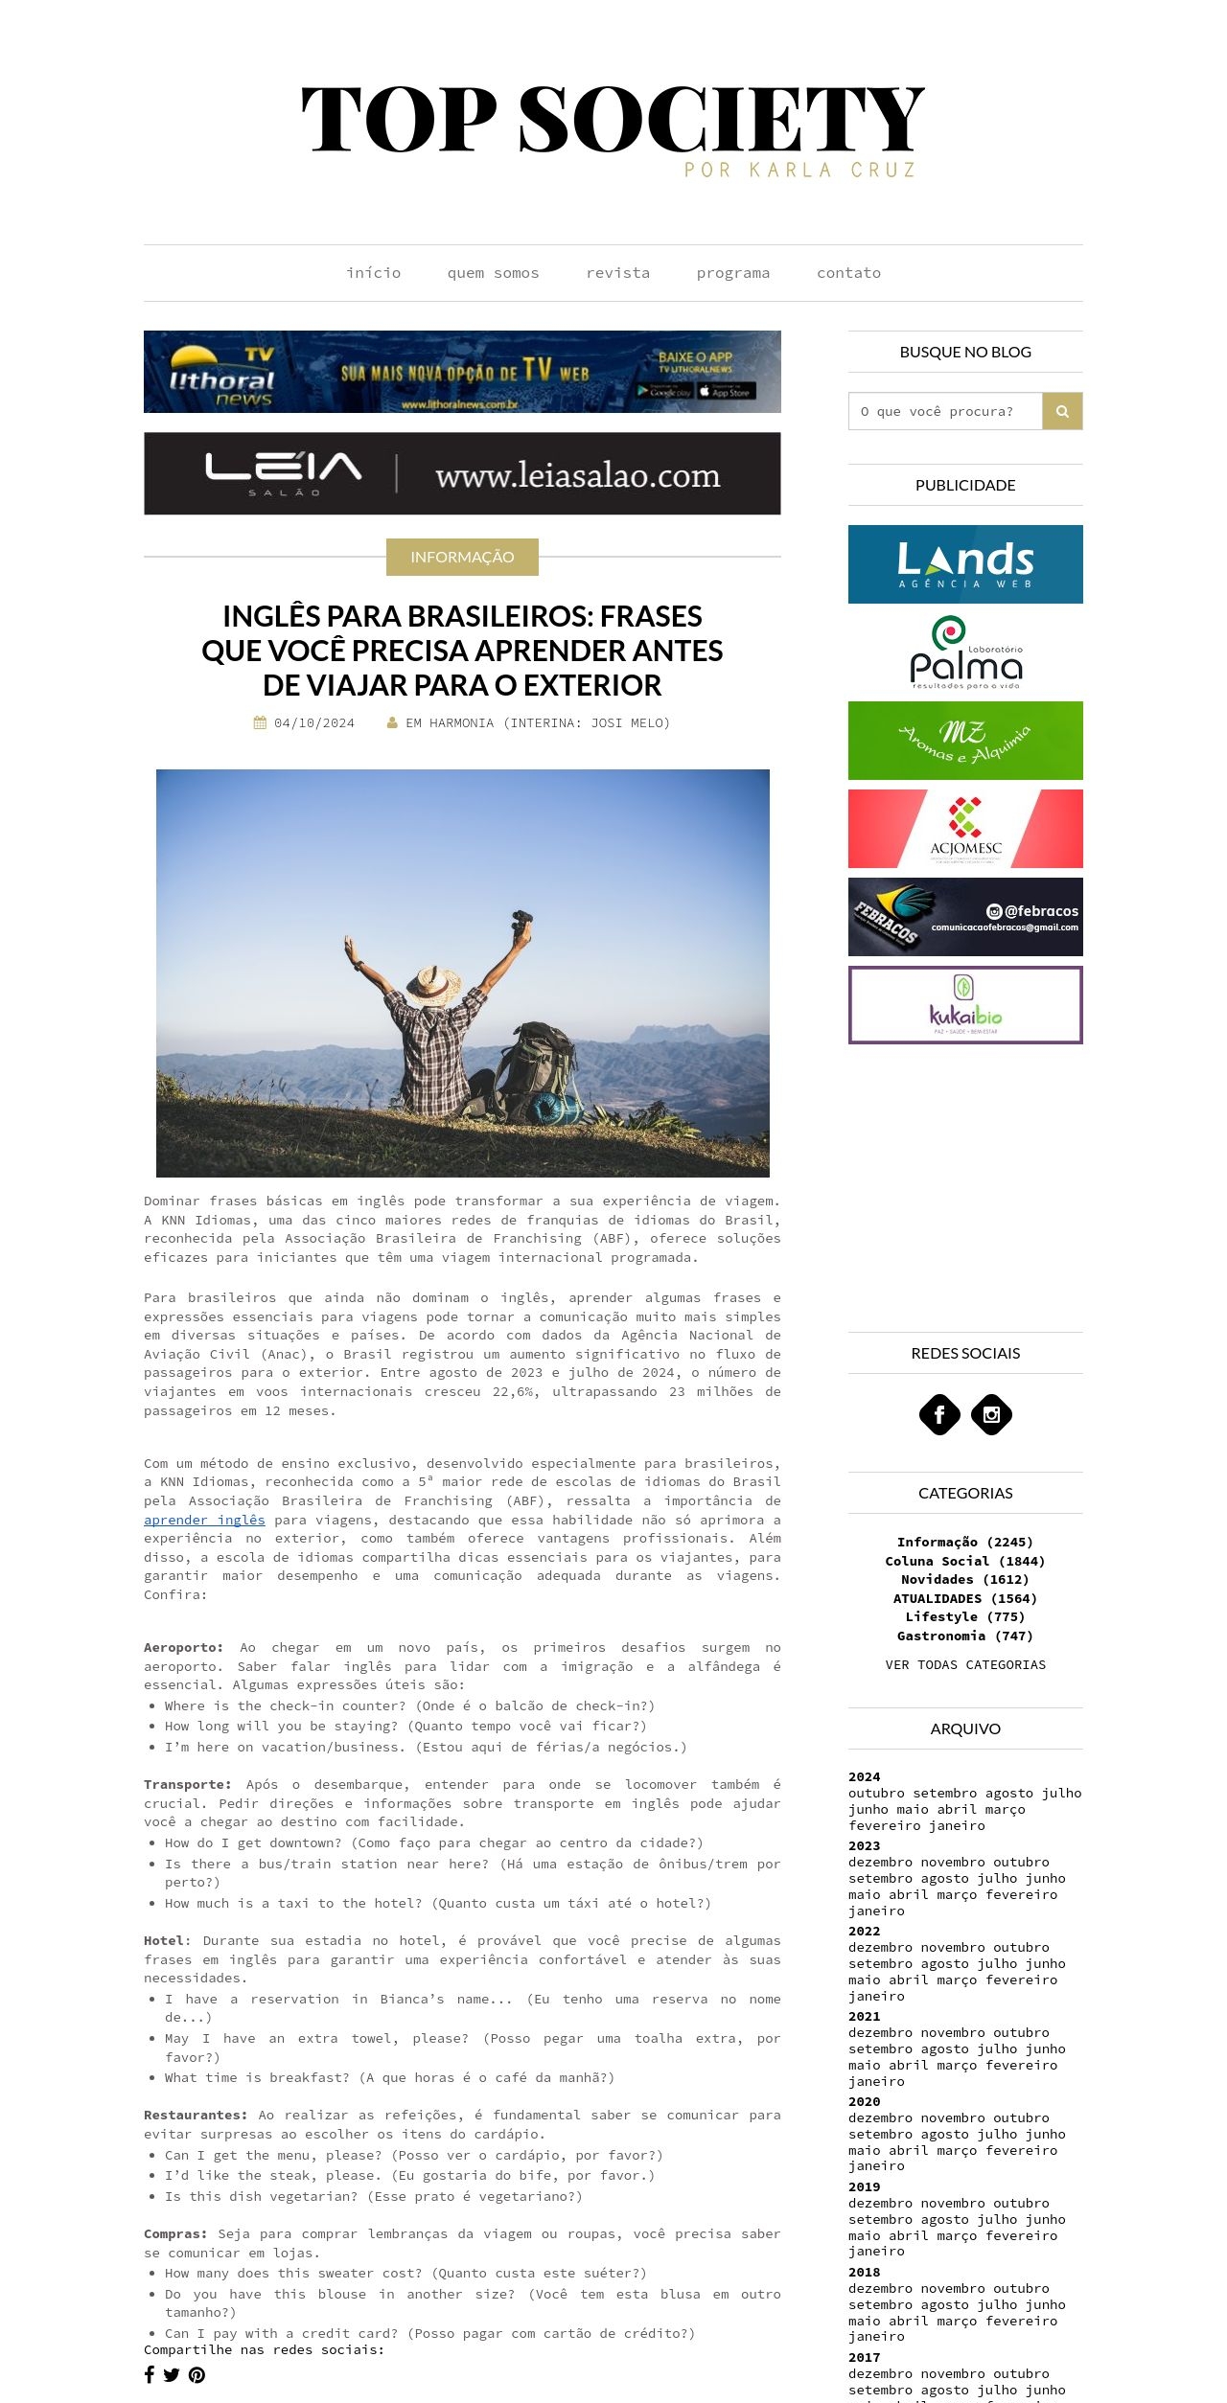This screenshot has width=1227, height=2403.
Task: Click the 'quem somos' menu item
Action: (x=493, y=273)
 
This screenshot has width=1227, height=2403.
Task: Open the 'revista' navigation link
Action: (x=617, y=273)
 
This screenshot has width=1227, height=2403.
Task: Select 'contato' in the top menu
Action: (x=848, y=273)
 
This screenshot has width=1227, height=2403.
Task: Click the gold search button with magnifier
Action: (x=1062, y=411)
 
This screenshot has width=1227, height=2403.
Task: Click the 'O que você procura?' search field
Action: (x=945, y=411)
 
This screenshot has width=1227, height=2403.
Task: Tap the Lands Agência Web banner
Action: (x=965, y=564)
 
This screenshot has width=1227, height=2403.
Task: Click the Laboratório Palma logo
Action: (x=965, y=652)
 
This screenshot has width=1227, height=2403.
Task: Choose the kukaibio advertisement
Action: (x=965, y=1005)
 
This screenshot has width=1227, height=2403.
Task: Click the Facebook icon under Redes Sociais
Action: (x=939, y=1414)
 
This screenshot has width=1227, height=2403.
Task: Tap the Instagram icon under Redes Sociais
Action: (x=991, y=1414)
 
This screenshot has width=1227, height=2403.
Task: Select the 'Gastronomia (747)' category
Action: (x=965, y=1636)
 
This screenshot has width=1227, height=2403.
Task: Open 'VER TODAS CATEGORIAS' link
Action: (x=965, y=1664)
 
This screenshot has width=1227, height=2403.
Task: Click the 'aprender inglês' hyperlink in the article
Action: (x=204, y=1520)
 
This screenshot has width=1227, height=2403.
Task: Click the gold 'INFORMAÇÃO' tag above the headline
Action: (x=462, y=557)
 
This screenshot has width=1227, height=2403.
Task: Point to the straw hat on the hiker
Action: (x=432, y=985)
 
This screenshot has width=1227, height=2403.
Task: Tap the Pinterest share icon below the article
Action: (x=197, y=2374)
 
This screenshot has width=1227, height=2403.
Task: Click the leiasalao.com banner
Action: (x=462, y=473)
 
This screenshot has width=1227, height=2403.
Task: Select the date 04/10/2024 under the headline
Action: (x=313, y=723)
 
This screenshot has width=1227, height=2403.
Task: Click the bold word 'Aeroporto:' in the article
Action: (x=183, y=1647)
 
